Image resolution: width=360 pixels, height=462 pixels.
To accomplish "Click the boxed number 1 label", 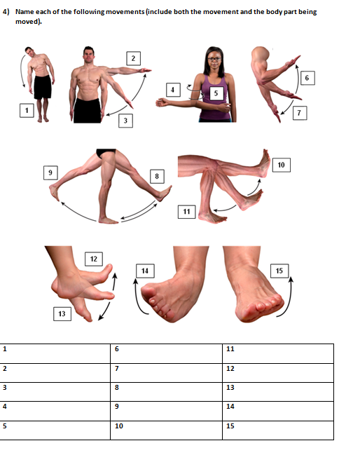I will click(27, 110).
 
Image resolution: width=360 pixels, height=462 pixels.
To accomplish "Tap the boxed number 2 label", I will click(132, 57).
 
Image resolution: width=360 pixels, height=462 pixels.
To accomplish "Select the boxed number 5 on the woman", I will click(216, 93).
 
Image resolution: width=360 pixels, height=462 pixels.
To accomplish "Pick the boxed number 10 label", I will click(281, 165).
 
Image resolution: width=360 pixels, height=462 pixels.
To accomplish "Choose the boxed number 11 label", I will click(186, 211).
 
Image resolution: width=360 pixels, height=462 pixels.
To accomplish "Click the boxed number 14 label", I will click(144, 271).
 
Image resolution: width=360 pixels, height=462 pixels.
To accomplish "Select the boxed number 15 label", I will click(279, 271).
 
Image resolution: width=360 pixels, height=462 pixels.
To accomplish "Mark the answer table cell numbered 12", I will click(278, 369).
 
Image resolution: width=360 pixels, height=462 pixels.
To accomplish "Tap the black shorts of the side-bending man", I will click(42, 88).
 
